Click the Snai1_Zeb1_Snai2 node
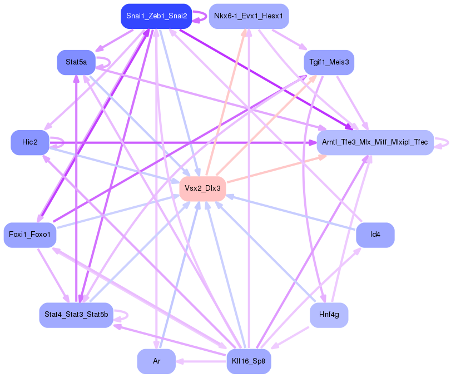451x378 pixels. coord(156,16)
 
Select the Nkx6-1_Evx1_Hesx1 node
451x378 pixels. coord(249,16)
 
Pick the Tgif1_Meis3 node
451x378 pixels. coord(329,62)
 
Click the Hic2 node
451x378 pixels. coord(30,143)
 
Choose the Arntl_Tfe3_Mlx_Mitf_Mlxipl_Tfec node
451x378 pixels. coord(375,143)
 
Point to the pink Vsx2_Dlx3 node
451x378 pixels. coord(202,188)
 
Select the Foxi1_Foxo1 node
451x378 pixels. coord(29,235)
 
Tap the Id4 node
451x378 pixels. coord(375,235)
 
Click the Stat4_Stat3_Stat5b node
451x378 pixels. coord(76,315)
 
